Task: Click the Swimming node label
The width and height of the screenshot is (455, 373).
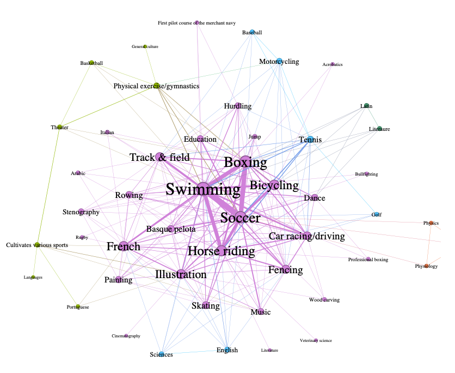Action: click(202, 190)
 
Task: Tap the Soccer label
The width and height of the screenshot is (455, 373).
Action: click(240, 218)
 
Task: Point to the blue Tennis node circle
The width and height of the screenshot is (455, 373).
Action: click(310, 140)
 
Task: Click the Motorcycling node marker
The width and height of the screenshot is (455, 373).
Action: click(279, 61)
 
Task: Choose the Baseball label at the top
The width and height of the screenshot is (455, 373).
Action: click(252, 33)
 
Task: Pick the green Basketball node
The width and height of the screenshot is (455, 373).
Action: click(91, 63)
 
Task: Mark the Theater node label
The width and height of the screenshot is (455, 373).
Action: click(59, 127)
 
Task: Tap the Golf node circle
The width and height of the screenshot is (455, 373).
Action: click(376, 214)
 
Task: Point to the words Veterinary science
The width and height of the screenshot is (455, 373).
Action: click(316, 340)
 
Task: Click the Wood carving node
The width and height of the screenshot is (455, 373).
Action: click(324, 299)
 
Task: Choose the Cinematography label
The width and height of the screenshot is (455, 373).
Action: click(126, 336)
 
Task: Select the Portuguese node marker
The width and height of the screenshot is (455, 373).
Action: click(78, 307)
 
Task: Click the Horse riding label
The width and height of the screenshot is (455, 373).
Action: click(221, 251)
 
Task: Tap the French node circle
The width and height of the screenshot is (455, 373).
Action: click(124, 246)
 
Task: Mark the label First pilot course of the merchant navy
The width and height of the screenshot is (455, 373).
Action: click(196, 23)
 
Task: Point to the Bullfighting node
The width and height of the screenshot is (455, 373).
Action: click(366, 174)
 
